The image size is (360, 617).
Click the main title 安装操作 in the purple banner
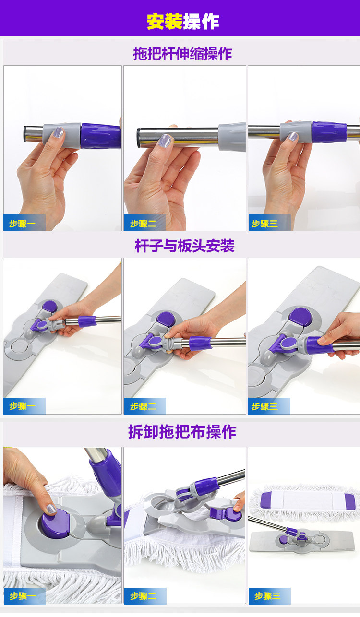tap(183, 22)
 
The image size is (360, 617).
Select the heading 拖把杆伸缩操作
tap(182, 53)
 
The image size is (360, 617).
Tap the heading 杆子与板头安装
tap(184, 246)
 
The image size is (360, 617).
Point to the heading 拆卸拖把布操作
tap(182, 432)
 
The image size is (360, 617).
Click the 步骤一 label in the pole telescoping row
tap(23, 224)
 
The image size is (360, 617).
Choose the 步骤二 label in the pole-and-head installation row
tap(143, 406)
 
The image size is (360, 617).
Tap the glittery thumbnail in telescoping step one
tap(58, 132)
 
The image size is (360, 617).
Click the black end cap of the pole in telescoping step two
tap(139, 138)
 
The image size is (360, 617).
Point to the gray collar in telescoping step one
tap(62, 135)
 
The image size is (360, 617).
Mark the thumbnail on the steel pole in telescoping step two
tap(165, 141)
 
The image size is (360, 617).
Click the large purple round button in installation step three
tap(300, 317)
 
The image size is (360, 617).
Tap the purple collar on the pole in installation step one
tap(87, 321)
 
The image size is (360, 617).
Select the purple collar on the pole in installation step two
tap(200, 343)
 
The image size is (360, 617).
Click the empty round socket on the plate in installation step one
tap(18, 348)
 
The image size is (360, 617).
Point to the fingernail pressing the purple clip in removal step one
tap(51, 509)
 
